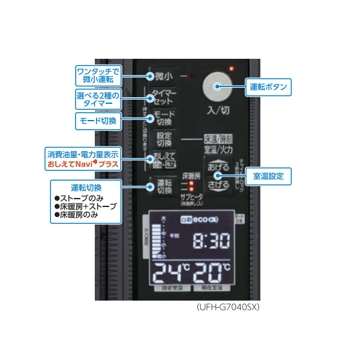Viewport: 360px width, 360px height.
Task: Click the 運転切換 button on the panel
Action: click(164, 187)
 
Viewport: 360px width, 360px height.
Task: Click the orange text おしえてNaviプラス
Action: click(80, 163)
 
